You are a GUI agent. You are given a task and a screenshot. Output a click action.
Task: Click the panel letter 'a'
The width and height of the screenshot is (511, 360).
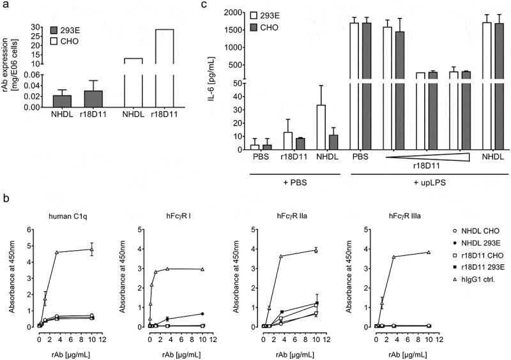point(6,6)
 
